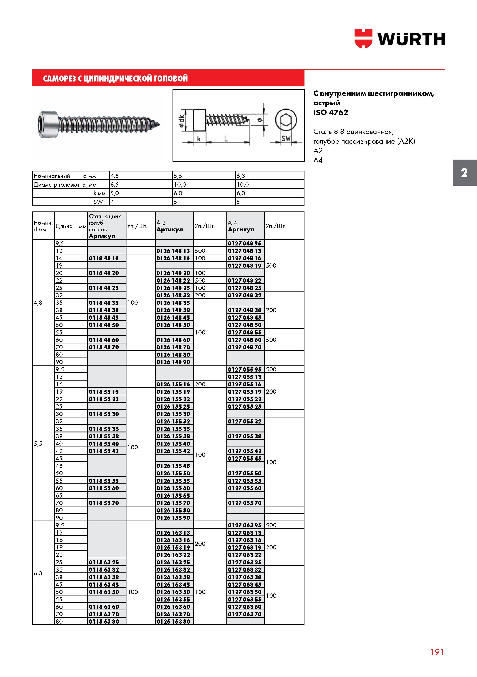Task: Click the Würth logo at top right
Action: [400, 38]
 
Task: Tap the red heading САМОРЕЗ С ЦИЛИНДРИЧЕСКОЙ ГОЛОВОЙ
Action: [115, 78]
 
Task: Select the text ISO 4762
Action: [330, 112]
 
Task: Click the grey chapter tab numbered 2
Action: [465, 173]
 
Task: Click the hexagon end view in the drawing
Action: [286, 120]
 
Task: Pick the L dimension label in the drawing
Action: [226, 139]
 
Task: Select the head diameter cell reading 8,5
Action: [114, 185]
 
